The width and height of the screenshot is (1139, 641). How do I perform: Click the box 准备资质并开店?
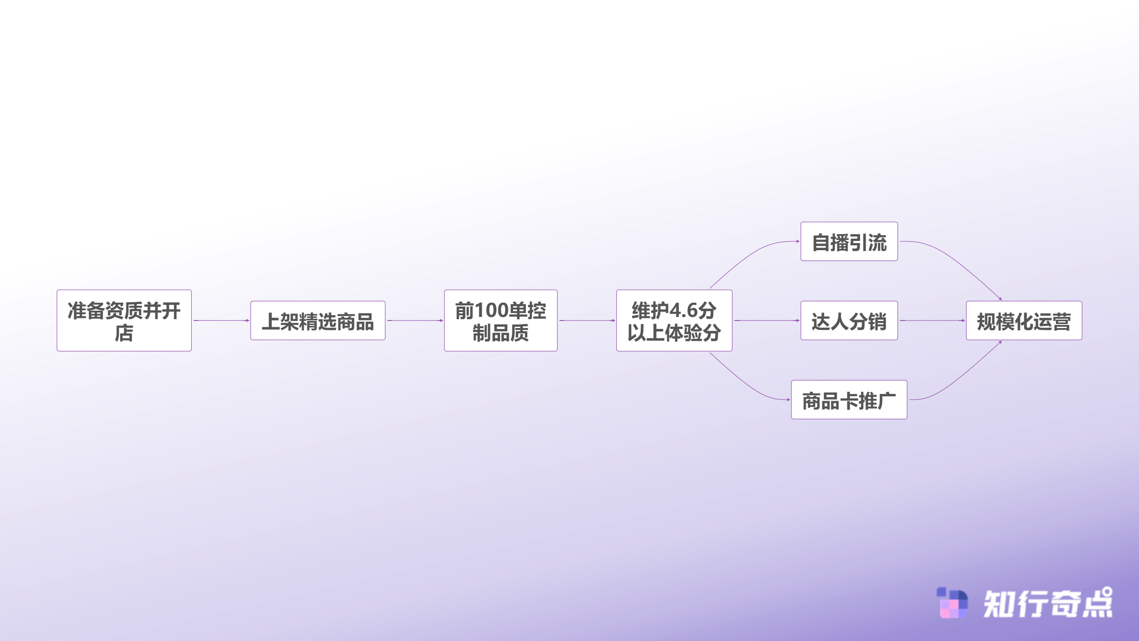tap(124, 320)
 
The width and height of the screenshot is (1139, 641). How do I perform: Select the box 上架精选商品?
tap(318, 320)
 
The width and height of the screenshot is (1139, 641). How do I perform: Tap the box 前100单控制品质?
tap(501, 320)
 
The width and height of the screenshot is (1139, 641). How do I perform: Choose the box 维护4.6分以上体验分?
tap(674, 320)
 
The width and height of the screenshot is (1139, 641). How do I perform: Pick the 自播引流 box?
tap(849, 241)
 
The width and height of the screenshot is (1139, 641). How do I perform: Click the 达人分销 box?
tap(849, 320)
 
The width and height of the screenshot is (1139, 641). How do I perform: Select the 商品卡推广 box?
tap(849, 400)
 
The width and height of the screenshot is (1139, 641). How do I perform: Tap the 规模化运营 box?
tap(1024, 320)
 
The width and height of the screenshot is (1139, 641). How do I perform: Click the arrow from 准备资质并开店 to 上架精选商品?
tap(222, 320)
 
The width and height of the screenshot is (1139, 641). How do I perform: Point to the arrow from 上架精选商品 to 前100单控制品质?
tap(415, 320)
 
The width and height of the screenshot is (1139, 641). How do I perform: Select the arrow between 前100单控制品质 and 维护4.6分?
tap(587, 320)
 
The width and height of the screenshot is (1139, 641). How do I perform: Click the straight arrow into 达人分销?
tap(767, 320)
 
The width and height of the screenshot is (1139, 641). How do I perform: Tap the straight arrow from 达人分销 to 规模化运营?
tap(932, 320)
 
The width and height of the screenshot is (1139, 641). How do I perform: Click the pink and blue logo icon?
tap(952, 603)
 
